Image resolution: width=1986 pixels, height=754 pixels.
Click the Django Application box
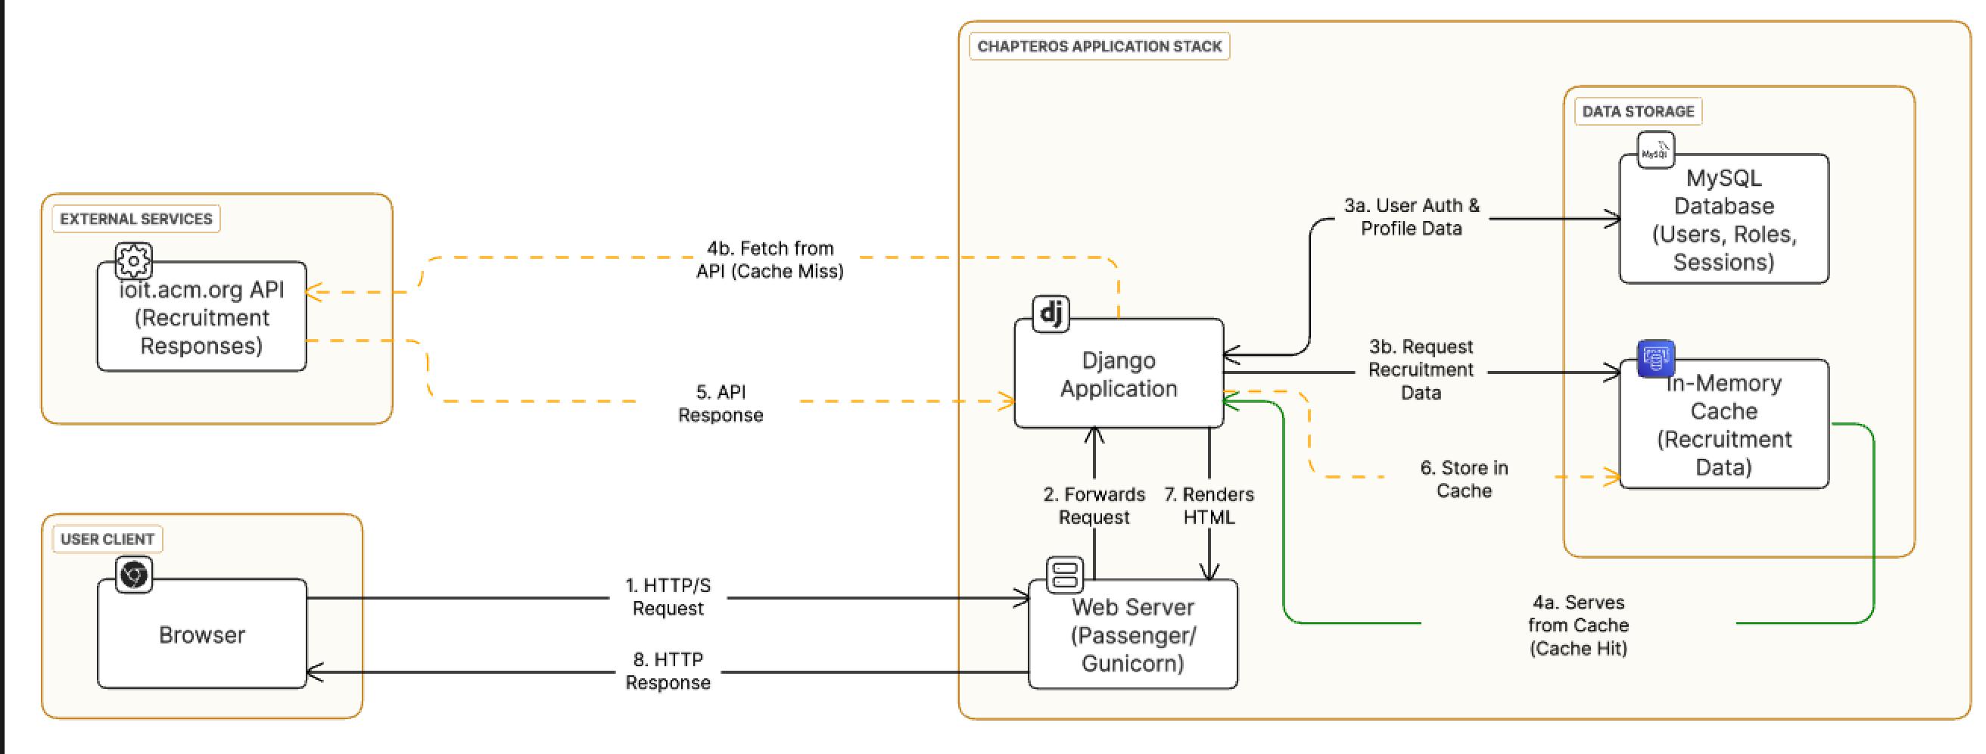tap(1118, 375)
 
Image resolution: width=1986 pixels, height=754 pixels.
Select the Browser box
tap(202, 634)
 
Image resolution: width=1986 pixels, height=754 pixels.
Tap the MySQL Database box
tap(1724, 220)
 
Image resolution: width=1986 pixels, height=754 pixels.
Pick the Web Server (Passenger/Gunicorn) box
tap(1132, 635)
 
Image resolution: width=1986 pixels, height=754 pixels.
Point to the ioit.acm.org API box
tap(202, 319)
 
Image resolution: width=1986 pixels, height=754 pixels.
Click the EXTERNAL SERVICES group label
tap(135, 219)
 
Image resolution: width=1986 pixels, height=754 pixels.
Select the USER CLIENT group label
tap(107, 539)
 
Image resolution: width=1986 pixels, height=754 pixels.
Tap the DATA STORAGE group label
tap(1638, 112)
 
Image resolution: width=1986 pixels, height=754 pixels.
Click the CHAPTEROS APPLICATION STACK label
tap(1099, 46)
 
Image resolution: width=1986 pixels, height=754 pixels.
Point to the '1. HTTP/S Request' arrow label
tap(668, 597)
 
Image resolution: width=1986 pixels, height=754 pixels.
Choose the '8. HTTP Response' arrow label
tap(668, 671)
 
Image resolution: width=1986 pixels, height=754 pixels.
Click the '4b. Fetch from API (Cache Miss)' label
tap(770, 260)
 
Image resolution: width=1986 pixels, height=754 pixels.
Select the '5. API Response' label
tap(720, 403)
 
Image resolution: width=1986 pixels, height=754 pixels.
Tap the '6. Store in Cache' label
tap(1463, 478)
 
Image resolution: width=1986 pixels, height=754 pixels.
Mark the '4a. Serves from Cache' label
tap(1577, 625)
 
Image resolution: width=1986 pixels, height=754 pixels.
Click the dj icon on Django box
tap(1051, 313)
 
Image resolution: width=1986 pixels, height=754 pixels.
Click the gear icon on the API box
tap(134, 260)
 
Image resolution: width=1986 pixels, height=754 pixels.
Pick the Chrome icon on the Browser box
tap(134, 575)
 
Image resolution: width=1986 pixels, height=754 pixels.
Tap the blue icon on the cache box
tap(1655, 359)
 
